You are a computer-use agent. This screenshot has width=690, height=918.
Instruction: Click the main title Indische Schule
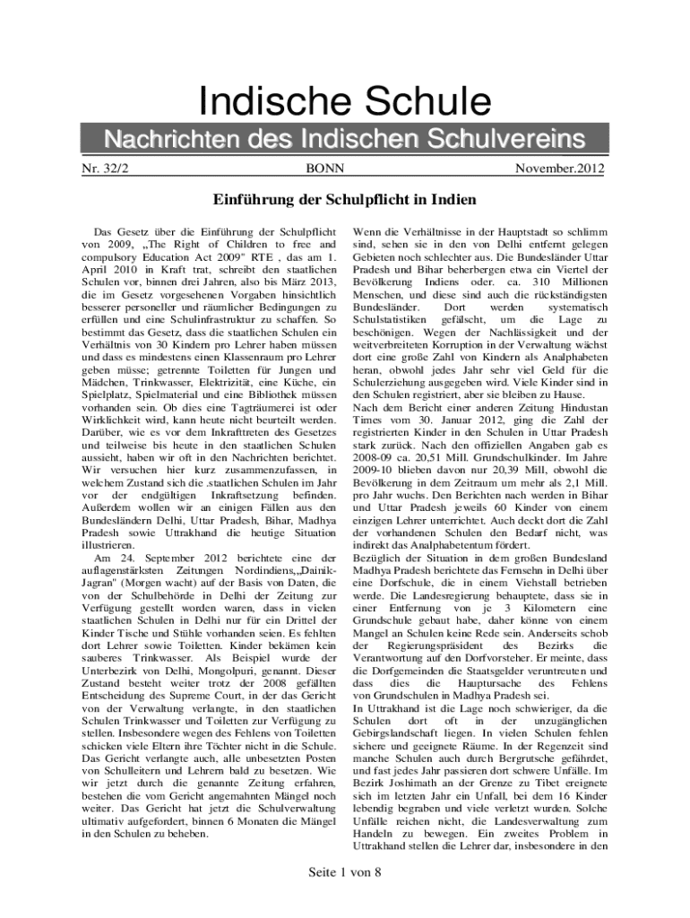(x=344, y=100)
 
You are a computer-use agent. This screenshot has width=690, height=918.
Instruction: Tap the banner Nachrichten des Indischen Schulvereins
(x=344, y=140)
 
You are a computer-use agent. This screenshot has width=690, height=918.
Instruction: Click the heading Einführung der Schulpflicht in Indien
(x=344, y=199)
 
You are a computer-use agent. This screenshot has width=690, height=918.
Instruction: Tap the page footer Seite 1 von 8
(x=344, y=872)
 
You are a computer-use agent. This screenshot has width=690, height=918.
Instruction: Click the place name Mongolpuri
(x=260, y=669)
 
